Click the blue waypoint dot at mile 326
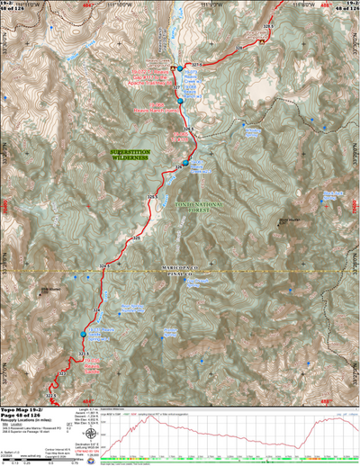[x=184, y=163]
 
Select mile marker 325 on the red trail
[x=137, y=239]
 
